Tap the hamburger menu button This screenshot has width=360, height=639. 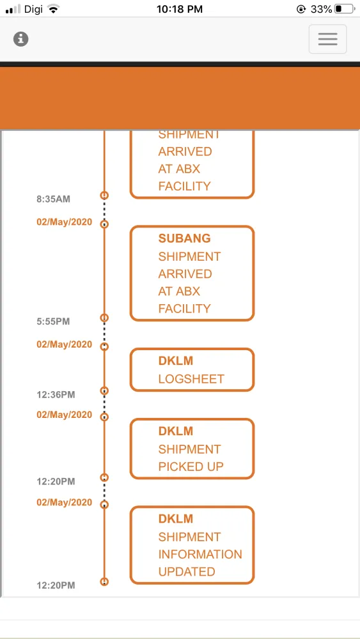click(328, 39)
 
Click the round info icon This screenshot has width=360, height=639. click(21, 39)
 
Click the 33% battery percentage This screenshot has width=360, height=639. click(321, 9)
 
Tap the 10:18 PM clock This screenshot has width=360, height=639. click(180, 9)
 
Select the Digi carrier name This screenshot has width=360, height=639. click(33, 9)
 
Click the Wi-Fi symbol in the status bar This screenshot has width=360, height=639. click(53, 9)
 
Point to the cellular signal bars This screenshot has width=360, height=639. click(13, 10)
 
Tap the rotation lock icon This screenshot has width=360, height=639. click(301, 9)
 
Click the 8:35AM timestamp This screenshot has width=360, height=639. click(54, 199)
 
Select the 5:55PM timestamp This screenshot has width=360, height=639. click(54, 321)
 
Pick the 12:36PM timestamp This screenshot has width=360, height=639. click(56, 395)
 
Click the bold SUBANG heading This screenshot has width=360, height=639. click(184, 238)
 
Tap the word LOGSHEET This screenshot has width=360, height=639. click(191, 379)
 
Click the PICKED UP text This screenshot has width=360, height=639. click(191, 466)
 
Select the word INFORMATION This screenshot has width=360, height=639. click(200, 554)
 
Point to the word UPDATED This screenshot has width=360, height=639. click(187, 572)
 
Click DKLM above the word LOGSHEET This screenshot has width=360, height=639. click(176, 361)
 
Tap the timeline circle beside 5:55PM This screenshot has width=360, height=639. click(104, 318)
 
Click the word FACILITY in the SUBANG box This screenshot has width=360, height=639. click(184, 309)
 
